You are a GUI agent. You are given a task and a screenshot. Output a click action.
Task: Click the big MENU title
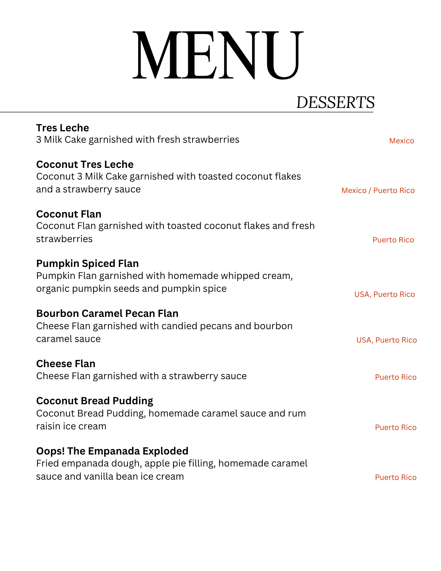[x=218, y=55]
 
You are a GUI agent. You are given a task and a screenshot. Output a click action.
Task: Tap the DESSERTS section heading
[x=335, y=102]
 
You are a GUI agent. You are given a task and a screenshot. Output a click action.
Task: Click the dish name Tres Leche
[x=63, y=128]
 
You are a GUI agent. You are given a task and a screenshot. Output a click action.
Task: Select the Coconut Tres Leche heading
[x=85, y=164]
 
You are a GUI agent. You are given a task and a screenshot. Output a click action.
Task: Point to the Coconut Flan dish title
[x=69, y=214]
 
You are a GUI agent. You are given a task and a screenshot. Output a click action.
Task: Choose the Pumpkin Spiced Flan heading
[x=87, y=263]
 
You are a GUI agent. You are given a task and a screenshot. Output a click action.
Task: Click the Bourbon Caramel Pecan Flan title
[x=107, y=313]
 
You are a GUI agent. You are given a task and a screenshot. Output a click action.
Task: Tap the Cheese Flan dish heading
[x=66, y=363]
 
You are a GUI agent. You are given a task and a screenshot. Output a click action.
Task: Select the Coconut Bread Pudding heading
[x=94, y=401]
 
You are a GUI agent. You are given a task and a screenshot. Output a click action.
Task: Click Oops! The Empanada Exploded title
[x=112, y=451]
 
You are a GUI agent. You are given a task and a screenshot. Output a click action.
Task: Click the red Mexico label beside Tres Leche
[x=402, y=141]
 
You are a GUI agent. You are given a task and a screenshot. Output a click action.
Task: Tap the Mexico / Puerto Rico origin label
[x=378, y=190]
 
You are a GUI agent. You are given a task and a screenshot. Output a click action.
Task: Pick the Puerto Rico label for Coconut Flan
[x=393, y=240]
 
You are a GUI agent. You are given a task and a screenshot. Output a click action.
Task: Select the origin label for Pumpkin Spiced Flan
[x=384, y=294]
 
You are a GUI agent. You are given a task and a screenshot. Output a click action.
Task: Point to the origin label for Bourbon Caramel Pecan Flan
[x=386, y=340]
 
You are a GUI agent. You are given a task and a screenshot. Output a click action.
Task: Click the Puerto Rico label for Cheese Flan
[x=396, y=377]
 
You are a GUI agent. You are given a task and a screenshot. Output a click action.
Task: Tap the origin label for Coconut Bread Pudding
[x=396, y=427]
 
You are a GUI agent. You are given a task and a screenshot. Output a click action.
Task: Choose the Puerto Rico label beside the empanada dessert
[x=396, y=477]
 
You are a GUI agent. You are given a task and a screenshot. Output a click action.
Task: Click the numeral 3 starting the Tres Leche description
[x=39, y=140]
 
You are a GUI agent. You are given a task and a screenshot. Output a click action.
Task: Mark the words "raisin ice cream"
[x=71, y=426]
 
